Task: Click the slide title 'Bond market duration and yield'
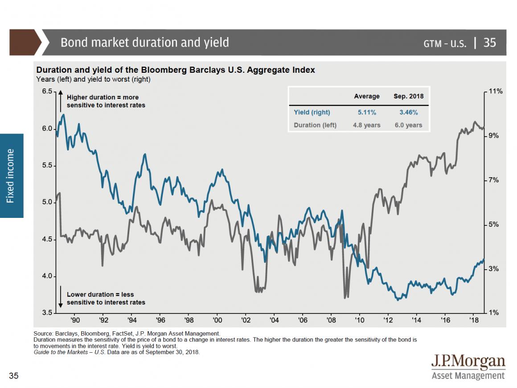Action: coord(144,42)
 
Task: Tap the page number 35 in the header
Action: coord(489,42)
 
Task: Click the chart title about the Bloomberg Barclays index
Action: coord(175,70)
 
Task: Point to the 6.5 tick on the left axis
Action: coord(47,91)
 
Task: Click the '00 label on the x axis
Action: coord(217,320)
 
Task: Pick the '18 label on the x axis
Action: coord(473,320)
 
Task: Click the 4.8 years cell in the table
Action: coord(366,125)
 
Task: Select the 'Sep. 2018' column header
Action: coord(408,96)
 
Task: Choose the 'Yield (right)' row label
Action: coord(312,112)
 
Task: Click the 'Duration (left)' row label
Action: coord(315,125)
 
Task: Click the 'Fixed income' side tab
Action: coord(11,175)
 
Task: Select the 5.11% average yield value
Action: coord(366,112)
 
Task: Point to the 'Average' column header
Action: coord(366,96)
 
